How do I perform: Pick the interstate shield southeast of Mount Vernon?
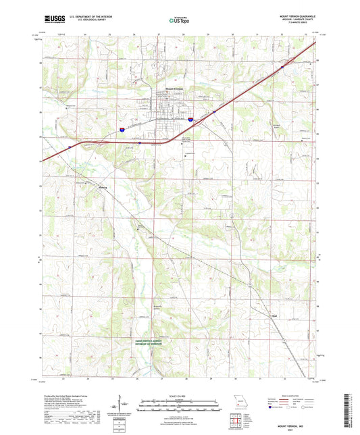pos(192,119)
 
